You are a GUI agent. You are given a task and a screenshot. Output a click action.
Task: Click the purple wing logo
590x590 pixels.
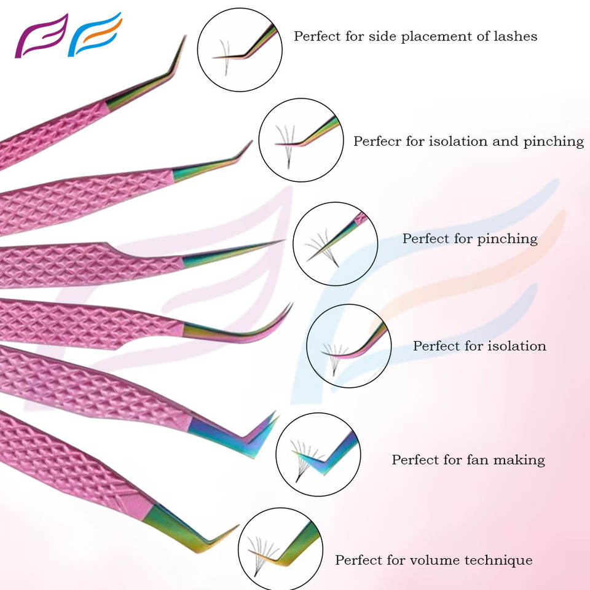40,37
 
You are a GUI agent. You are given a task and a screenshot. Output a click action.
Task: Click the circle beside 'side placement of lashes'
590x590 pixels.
240,49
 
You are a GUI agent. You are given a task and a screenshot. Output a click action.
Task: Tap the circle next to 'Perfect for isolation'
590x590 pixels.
349,346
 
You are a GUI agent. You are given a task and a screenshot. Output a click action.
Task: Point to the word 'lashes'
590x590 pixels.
517,36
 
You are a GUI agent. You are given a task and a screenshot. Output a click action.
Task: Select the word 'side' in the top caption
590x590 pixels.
382,36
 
